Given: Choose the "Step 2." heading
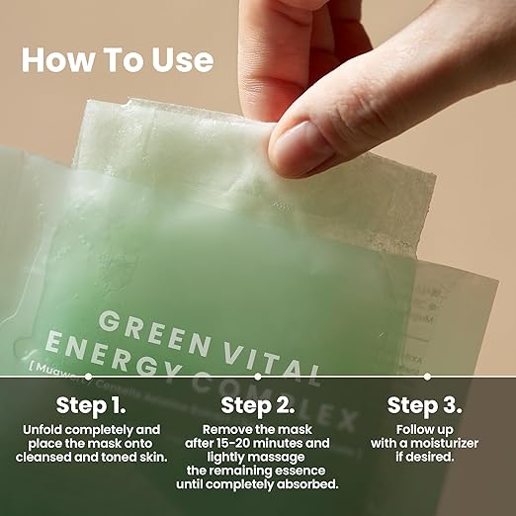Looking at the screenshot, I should [x=257, y=405].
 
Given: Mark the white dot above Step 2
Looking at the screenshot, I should [x=257, y=377].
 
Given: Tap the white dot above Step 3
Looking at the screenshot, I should [x=427, y=377].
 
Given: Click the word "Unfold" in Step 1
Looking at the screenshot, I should [x=44, y=430].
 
